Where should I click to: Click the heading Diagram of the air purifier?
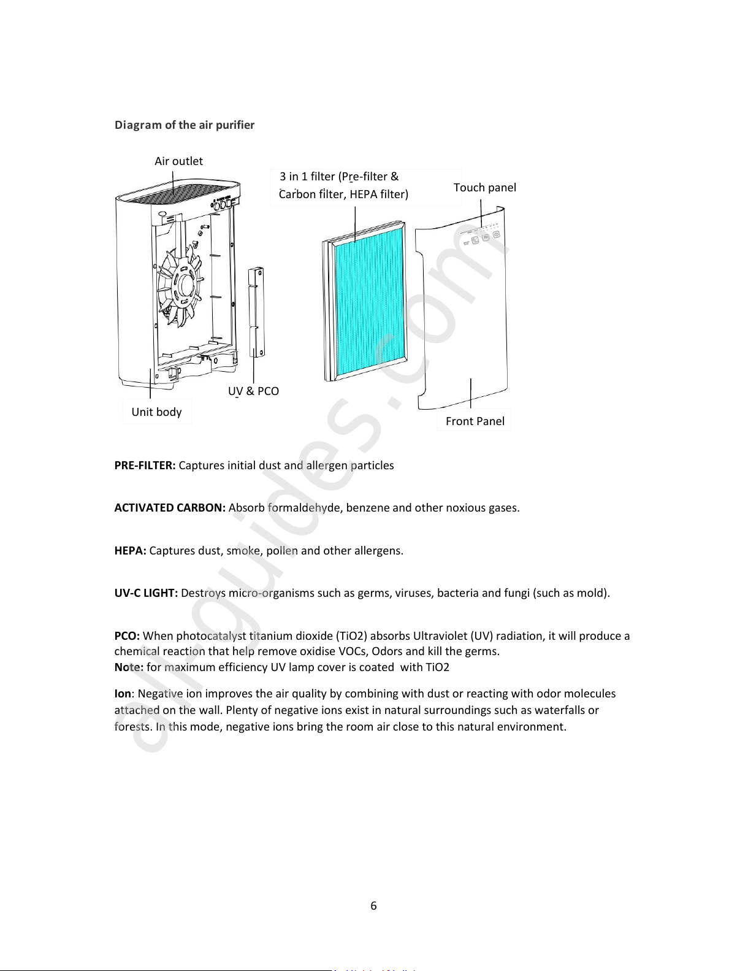(184, 125)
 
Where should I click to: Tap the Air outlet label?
(178, 161)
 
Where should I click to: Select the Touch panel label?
(484, 188)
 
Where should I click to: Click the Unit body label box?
(156, 412)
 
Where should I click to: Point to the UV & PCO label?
(253, 391)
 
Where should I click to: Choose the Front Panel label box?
(475, 421)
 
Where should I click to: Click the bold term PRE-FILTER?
(145, 466)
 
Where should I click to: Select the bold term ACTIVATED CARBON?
(170, 508)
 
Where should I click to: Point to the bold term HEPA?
(130, 551)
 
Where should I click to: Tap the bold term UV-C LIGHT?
(146, 593)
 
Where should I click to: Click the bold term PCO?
(127, 636)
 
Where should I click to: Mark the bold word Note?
(129, 667)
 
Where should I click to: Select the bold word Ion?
(123, 694)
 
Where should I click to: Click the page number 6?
(373, 906)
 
